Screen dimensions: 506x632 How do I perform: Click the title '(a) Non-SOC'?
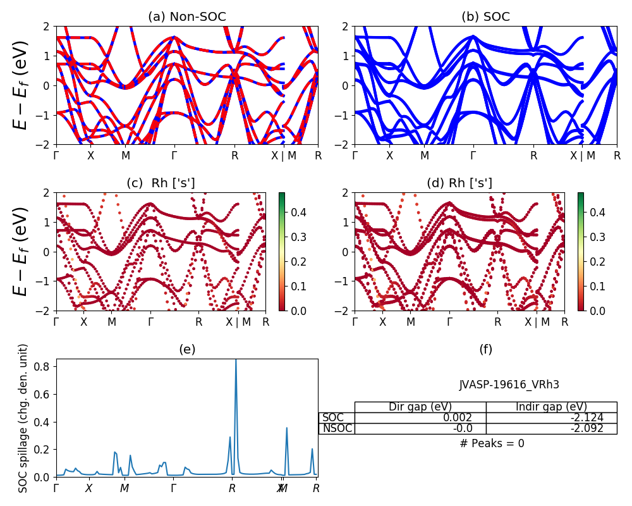pos(187,17)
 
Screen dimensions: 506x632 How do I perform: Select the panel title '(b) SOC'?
pos(485,17)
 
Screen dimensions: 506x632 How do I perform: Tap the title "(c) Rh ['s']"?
pos(161,183)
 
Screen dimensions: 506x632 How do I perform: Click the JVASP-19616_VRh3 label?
pos(509,385)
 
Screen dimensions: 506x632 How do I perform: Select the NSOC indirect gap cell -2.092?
pos(551,428)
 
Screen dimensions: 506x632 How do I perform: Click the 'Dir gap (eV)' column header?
pos(420,407)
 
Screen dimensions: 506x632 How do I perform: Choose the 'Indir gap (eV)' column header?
pos(551,407)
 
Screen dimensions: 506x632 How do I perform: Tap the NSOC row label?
pos(336,428)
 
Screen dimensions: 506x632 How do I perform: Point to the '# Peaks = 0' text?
pos(492,443)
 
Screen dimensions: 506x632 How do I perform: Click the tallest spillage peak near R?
pos(236,361)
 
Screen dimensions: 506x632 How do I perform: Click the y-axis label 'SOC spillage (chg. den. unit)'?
pos(23,418)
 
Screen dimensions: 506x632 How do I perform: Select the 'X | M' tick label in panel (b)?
pos(582,156)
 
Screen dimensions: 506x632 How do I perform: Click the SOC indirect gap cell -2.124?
pos(551,417)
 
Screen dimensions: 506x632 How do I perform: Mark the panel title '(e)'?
pos(187,349)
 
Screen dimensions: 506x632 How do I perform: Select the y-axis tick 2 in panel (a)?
pos(47,27)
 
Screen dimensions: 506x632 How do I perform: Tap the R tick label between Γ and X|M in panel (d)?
pos(498,322)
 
